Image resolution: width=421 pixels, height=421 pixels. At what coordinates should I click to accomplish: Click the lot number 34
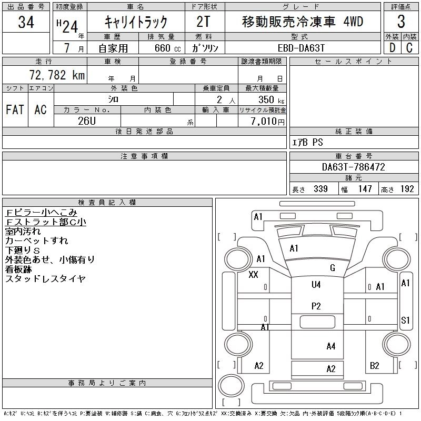click(x=26, y=22)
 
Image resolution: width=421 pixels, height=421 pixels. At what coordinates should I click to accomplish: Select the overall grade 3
click(x=401, y=22)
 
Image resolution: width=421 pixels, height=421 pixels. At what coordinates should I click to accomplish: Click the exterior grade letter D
click(x=392, y=48)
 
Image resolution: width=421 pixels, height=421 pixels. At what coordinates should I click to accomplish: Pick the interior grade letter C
click(x=409, y=48)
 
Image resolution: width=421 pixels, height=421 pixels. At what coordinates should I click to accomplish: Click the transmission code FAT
click(x=15, y=110)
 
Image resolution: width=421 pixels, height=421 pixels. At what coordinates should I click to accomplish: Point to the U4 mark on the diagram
click(x=316, y=285)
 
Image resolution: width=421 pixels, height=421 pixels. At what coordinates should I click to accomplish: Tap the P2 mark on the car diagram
click(x=316, y=306)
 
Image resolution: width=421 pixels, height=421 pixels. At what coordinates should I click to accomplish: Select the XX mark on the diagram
click(x=253, y=275)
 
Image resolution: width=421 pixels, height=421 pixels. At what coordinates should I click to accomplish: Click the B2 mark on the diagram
click(x=375, y=366)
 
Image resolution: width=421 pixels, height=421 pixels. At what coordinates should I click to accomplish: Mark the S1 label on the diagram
click(x=405, y=320)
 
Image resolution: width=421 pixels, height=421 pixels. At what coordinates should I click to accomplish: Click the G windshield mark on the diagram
click(x=332, y=268)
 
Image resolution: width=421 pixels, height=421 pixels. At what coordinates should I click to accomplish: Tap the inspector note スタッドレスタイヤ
click(x=45, y=279)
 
